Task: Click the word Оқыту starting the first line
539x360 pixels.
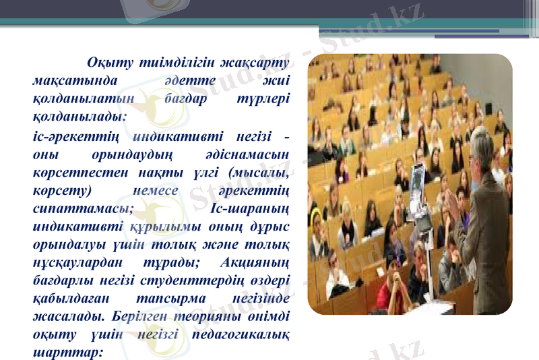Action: tap(108, 64)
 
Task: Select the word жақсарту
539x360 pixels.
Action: tap(257, 64)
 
